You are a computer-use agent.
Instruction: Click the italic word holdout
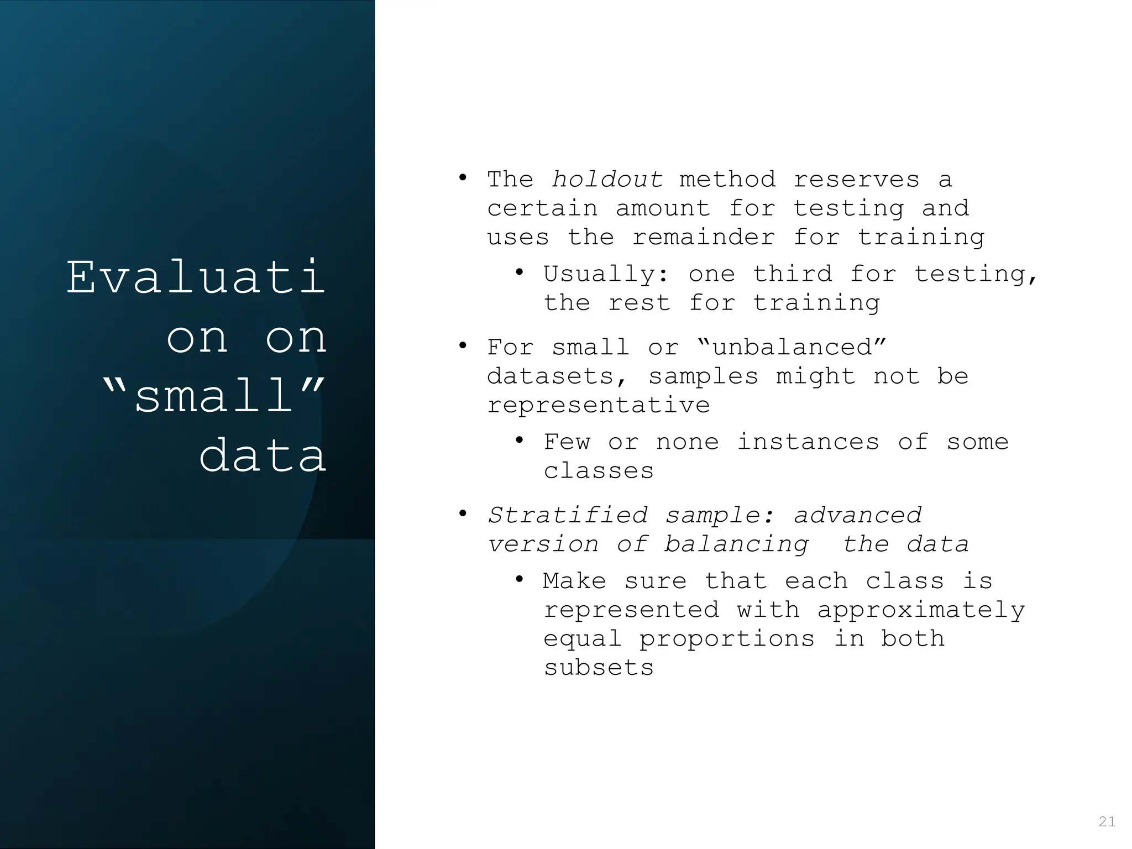(x=607, y=180)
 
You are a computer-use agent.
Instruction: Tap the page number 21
(x=1107, y=822)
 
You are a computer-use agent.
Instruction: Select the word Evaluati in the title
(x=196, y=277)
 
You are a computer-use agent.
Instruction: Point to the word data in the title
(x=263, y=457)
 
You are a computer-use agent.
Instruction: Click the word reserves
(x=856, y=180)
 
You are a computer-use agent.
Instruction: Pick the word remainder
(x=704, y=238)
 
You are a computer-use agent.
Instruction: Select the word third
(x=792, y=274)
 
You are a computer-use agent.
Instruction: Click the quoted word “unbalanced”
(x=792, y=348)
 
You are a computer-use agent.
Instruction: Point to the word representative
(x=598, y=406)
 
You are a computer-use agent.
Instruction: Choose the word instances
(x=808, y=442)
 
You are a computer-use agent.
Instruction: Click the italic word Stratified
(x=567, y=516)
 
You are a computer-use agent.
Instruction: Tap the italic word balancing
(x=736, y=544)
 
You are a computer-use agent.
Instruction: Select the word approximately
(x=920, y=610)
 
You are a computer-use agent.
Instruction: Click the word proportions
(x=727, y=639)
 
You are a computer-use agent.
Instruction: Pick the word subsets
(x=599, y=668)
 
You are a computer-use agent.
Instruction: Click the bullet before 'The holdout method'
(x=463, y=179)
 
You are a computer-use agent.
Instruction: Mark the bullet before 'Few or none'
(x=519, y=441)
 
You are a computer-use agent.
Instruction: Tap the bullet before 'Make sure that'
(x=519, y=580)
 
